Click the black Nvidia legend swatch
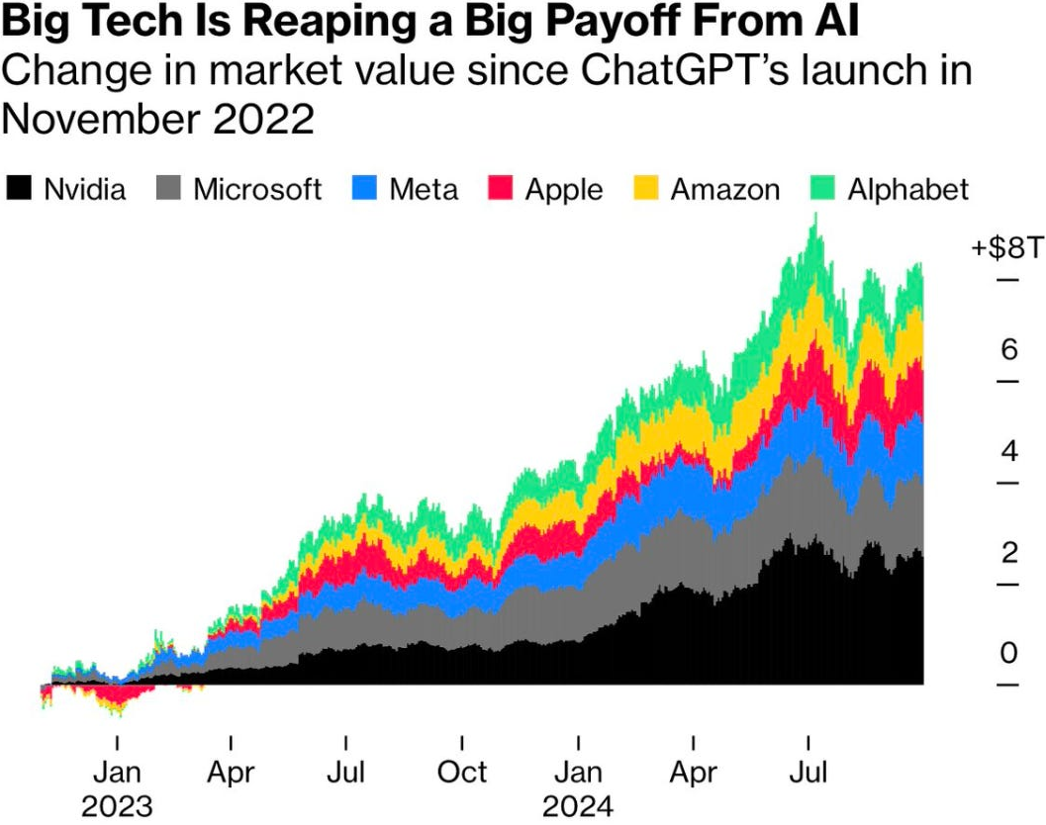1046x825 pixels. [x=19, y=189]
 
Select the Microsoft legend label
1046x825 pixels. [x=258, y=189]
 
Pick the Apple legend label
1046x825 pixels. [x=564, y=189]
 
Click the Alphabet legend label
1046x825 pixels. [x=908, y=189]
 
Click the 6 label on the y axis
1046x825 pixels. [x=1008, y=349]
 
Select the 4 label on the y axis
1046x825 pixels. [x=1008, y=451]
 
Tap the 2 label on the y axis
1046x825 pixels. [x=1008, y=552]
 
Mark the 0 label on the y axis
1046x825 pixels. [x=1008, y=654]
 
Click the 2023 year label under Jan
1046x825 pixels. [x=117, y=804]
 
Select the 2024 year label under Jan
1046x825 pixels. [x=578, y=804]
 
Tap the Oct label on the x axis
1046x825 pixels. [x=462, y=771]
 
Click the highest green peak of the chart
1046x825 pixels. [x=814, y=220]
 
